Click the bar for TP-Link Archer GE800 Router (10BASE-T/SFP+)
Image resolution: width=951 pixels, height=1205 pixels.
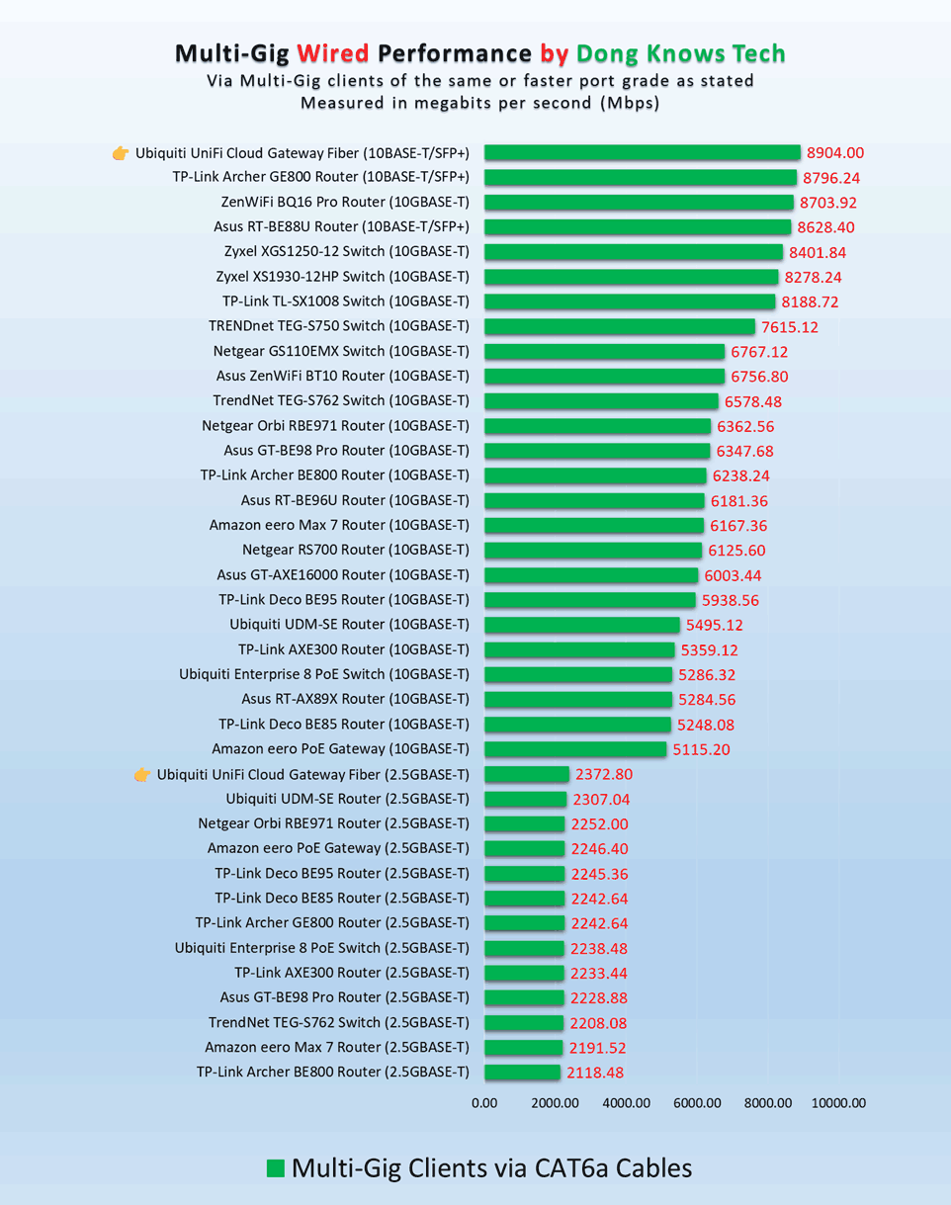(x=641, y=178)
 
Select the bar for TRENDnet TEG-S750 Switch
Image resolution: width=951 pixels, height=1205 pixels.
(x=620, y=326)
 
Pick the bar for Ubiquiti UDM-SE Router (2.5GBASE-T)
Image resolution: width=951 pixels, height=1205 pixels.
(x=526, y=799)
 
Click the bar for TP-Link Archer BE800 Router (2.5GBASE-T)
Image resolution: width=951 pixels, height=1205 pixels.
(x=523, y=1072)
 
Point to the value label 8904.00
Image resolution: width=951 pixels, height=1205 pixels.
(x=835, y=153)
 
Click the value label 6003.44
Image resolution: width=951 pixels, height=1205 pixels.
(x=733, y=575)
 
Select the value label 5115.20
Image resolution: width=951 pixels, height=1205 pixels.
(x=701, y=749)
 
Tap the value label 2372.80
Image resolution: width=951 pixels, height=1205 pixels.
(x=602, y=774)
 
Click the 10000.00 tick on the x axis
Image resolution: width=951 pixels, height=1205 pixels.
(x=838, y=1103)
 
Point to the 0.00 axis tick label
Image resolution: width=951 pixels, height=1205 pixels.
(x=484, y=1103)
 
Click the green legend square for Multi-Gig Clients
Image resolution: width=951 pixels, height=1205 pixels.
(x=276, y=1168)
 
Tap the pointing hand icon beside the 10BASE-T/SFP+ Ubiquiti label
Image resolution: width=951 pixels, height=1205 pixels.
(x=121, y=153)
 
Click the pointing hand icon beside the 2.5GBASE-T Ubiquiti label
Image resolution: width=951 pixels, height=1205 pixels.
(x=142, y=774)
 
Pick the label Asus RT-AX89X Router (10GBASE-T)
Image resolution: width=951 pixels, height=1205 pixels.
(x=348, y=699)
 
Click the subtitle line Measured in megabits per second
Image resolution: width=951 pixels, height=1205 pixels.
(x=479, y=103)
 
